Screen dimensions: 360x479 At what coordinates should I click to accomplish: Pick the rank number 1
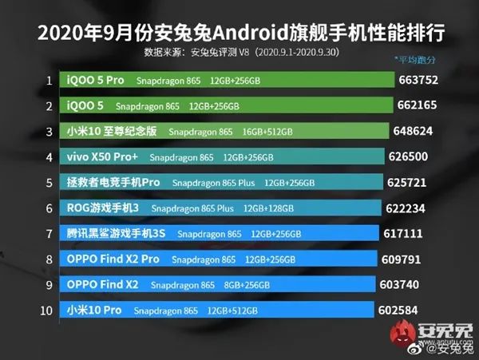(49, 81)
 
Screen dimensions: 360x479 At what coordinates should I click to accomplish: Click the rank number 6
(49, 208)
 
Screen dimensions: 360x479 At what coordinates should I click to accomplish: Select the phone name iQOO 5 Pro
(95, 81)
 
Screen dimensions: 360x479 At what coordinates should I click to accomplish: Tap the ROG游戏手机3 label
(103, 208)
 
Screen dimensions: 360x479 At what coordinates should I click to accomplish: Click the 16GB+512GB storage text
(268, 132)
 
